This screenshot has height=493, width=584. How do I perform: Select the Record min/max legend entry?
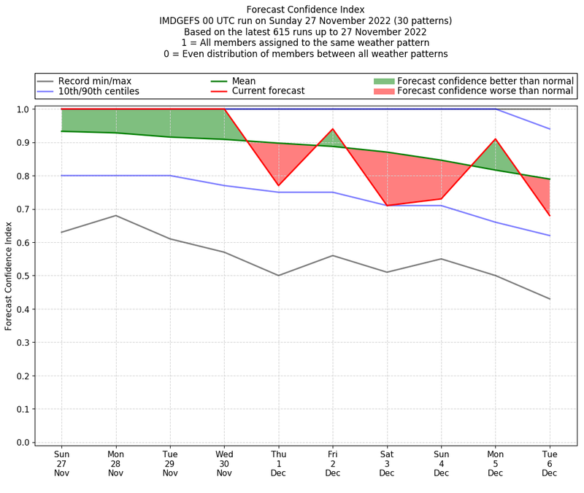(x=95, y=80)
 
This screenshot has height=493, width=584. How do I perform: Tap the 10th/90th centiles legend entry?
(x=99, y=91)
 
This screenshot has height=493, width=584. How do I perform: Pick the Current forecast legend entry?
(x=268, y=91)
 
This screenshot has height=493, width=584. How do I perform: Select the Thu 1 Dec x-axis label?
(x=278, y=463)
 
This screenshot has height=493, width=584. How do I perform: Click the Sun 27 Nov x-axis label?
(x=61, y=463)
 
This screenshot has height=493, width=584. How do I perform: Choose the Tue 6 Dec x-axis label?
(x=550, y=463)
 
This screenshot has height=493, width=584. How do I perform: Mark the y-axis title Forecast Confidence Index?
(x=9, y=276)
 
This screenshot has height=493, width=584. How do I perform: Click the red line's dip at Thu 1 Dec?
(x=278, y=186)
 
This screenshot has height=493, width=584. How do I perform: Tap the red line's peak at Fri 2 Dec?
(x=333, y=129)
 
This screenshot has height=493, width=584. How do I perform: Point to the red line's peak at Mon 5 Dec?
(x=496, y=139)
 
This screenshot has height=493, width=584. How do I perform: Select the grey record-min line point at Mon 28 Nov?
(x=115, y=215)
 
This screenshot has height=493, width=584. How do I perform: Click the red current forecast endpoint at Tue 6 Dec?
(x=550, y=216)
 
